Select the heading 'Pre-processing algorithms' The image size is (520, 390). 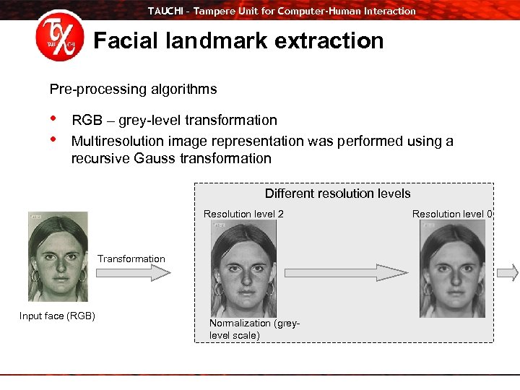(x=133, y=90)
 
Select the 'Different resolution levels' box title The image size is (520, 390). (x=337, y=194)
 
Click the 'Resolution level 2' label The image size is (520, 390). (x=243, y=214)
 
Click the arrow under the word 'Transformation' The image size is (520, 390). (x=133, y=272)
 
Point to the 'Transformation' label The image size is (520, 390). (x=131, y=259)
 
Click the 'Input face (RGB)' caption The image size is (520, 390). (x=57, y=316)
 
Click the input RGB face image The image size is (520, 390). (x=58, y=256)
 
